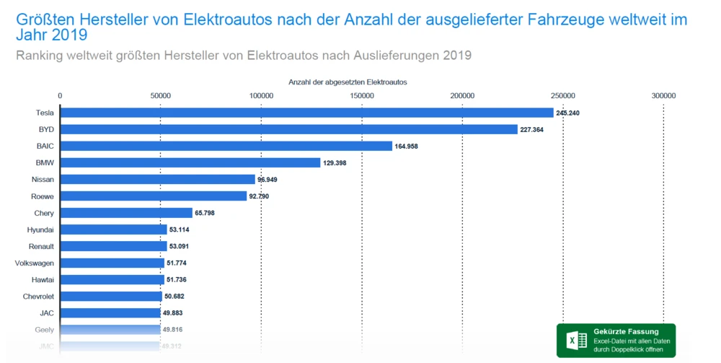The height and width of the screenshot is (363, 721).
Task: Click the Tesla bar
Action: tap(306, 113)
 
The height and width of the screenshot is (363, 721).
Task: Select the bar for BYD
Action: tap(288, 129)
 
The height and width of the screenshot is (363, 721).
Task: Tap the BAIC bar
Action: tap(226, 146)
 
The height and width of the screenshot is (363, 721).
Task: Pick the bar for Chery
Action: tap(126, 213)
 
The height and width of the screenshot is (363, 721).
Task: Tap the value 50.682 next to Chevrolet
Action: tap(176, 297)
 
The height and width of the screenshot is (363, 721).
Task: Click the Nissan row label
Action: tap(43, 179)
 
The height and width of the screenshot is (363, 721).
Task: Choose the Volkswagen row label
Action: tap(35, 263)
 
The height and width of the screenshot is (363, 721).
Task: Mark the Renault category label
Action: tap(42, 246)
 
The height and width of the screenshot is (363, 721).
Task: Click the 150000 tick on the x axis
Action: tap(361, 95)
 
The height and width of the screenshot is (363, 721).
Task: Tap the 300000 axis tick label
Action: tap(663, 95)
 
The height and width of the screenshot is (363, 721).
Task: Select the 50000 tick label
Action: tap(160, 95)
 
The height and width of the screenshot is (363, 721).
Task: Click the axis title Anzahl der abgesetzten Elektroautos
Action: tap(348, 82)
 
